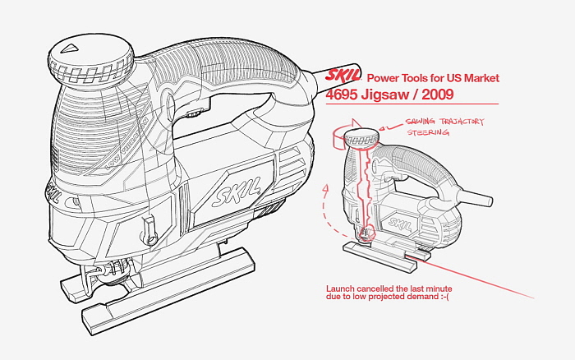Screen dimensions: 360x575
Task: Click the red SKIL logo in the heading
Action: [343, 76]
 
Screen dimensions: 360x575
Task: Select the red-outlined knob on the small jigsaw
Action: [361, 137]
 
